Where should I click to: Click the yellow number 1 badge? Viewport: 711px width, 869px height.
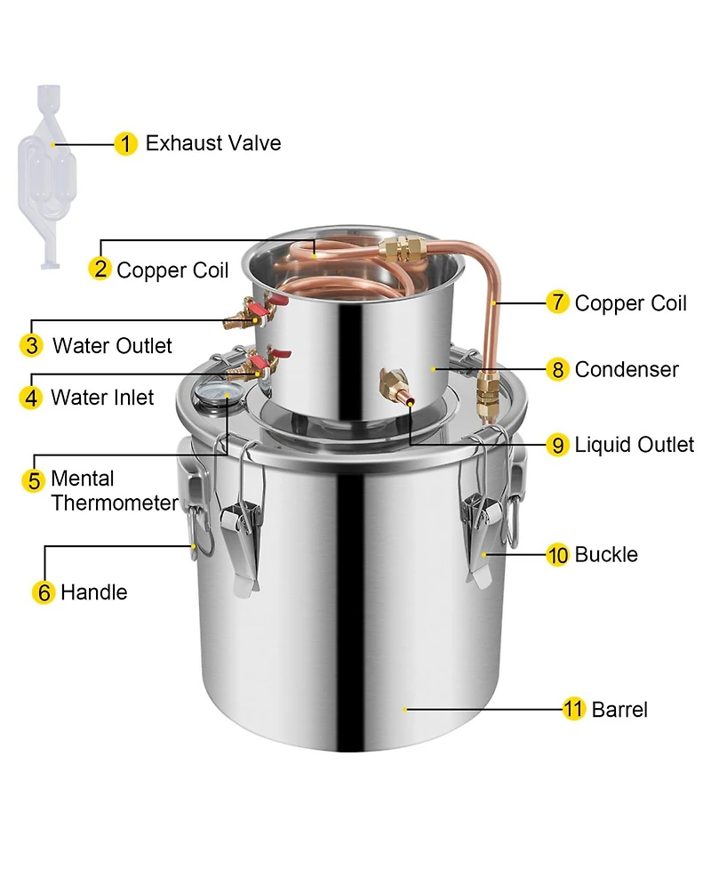(126, 143)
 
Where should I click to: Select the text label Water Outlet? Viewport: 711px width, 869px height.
(112, 345)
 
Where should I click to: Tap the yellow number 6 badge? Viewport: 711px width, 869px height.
(44, 592)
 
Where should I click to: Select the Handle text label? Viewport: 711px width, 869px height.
(93, 592)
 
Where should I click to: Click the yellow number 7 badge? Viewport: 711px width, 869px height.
(557, 302)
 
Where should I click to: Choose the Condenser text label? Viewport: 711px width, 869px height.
(627, 369)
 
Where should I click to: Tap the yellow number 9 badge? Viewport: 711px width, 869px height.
(557, 445)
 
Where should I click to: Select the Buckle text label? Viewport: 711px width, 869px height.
(606, 555)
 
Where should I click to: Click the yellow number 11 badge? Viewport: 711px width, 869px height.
(574, 709)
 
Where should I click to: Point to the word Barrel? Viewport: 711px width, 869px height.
(619, 709)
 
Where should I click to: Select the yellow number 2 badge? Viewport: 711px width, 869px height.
(100, 270)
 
